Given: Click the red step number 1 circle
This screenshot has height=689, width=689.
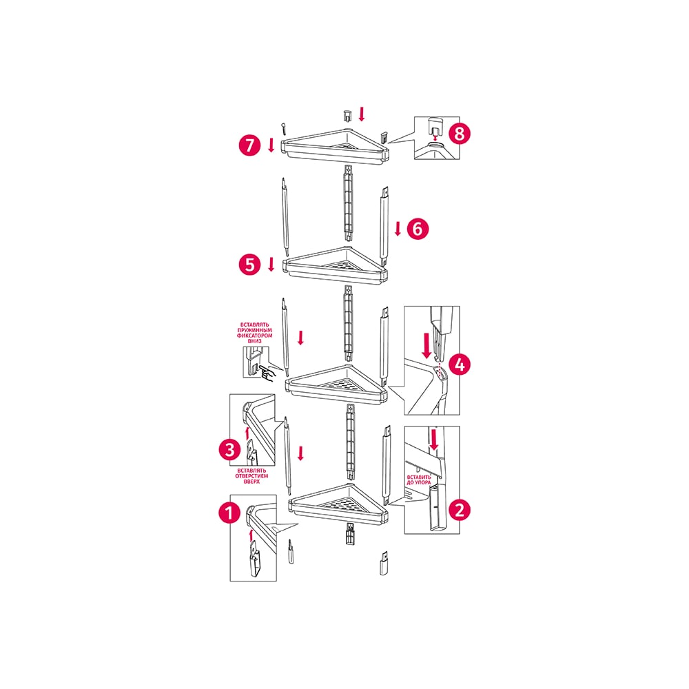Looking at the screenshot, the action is [229, 513].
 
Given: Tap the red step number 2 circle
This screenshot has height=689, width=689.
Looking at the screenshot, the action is [459, 510].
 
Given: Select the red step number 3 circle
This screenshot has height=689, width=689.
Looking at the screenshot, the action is [230, 449].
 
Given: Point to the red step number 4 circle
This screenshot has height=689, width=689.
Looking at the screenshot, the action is [459, 364].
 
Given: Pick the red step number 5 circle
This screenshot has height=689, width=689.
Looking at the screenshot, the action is [249, 265].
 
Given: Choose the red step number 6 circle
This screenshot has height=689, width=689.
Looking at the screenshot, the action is [418, 229].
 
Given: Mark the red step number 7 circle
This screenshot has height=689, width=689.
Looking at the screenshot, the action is [249, 145].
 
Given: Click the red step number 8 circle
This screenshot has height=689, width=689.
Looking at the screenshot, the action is [459, 133].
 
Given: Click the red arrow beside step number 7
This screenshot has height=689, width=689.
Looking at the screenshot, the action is [271, 145].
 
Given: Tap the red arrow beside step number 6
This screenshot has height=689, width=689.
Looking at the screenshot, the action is [398, 229].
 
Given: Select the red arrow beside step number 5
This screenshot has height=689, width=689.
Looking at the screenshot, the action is [271, 264].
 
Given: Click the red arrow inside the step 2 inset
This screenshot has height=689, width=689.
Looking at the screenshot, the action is [433, 440].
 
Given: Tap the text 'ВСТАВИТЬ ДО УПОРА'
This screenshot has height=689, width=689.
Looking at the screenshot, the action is [419, 480].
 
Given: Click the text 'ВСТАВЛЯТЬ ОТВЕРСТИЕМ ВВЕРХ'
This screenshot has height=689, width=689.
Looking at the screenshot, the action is [251, 476].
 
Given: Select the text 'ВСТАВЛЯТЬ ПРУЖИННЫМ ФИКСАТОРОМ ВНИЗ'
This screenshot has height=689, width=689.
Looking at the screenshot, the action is [255, 333].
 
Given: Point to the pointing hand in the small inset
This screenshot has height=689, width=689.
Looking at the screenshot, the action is [267, 372].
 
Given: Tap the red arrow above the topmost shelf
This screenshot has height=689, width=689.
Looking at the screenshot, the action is [362, 114].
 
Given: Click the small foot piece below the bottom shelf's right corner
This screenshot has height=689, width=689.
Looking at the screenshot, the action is [383, 564].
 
